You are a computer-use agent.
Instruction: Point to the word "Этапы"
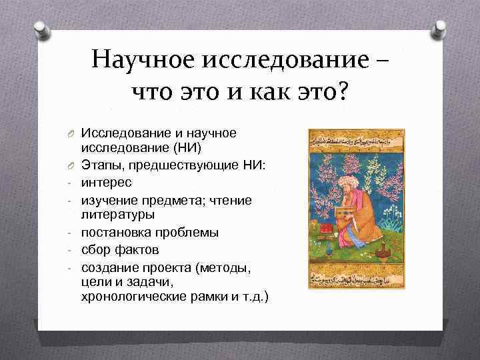[x=102, y=165]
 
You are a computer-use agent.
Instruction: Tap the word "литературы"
[x=119, y=214]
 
